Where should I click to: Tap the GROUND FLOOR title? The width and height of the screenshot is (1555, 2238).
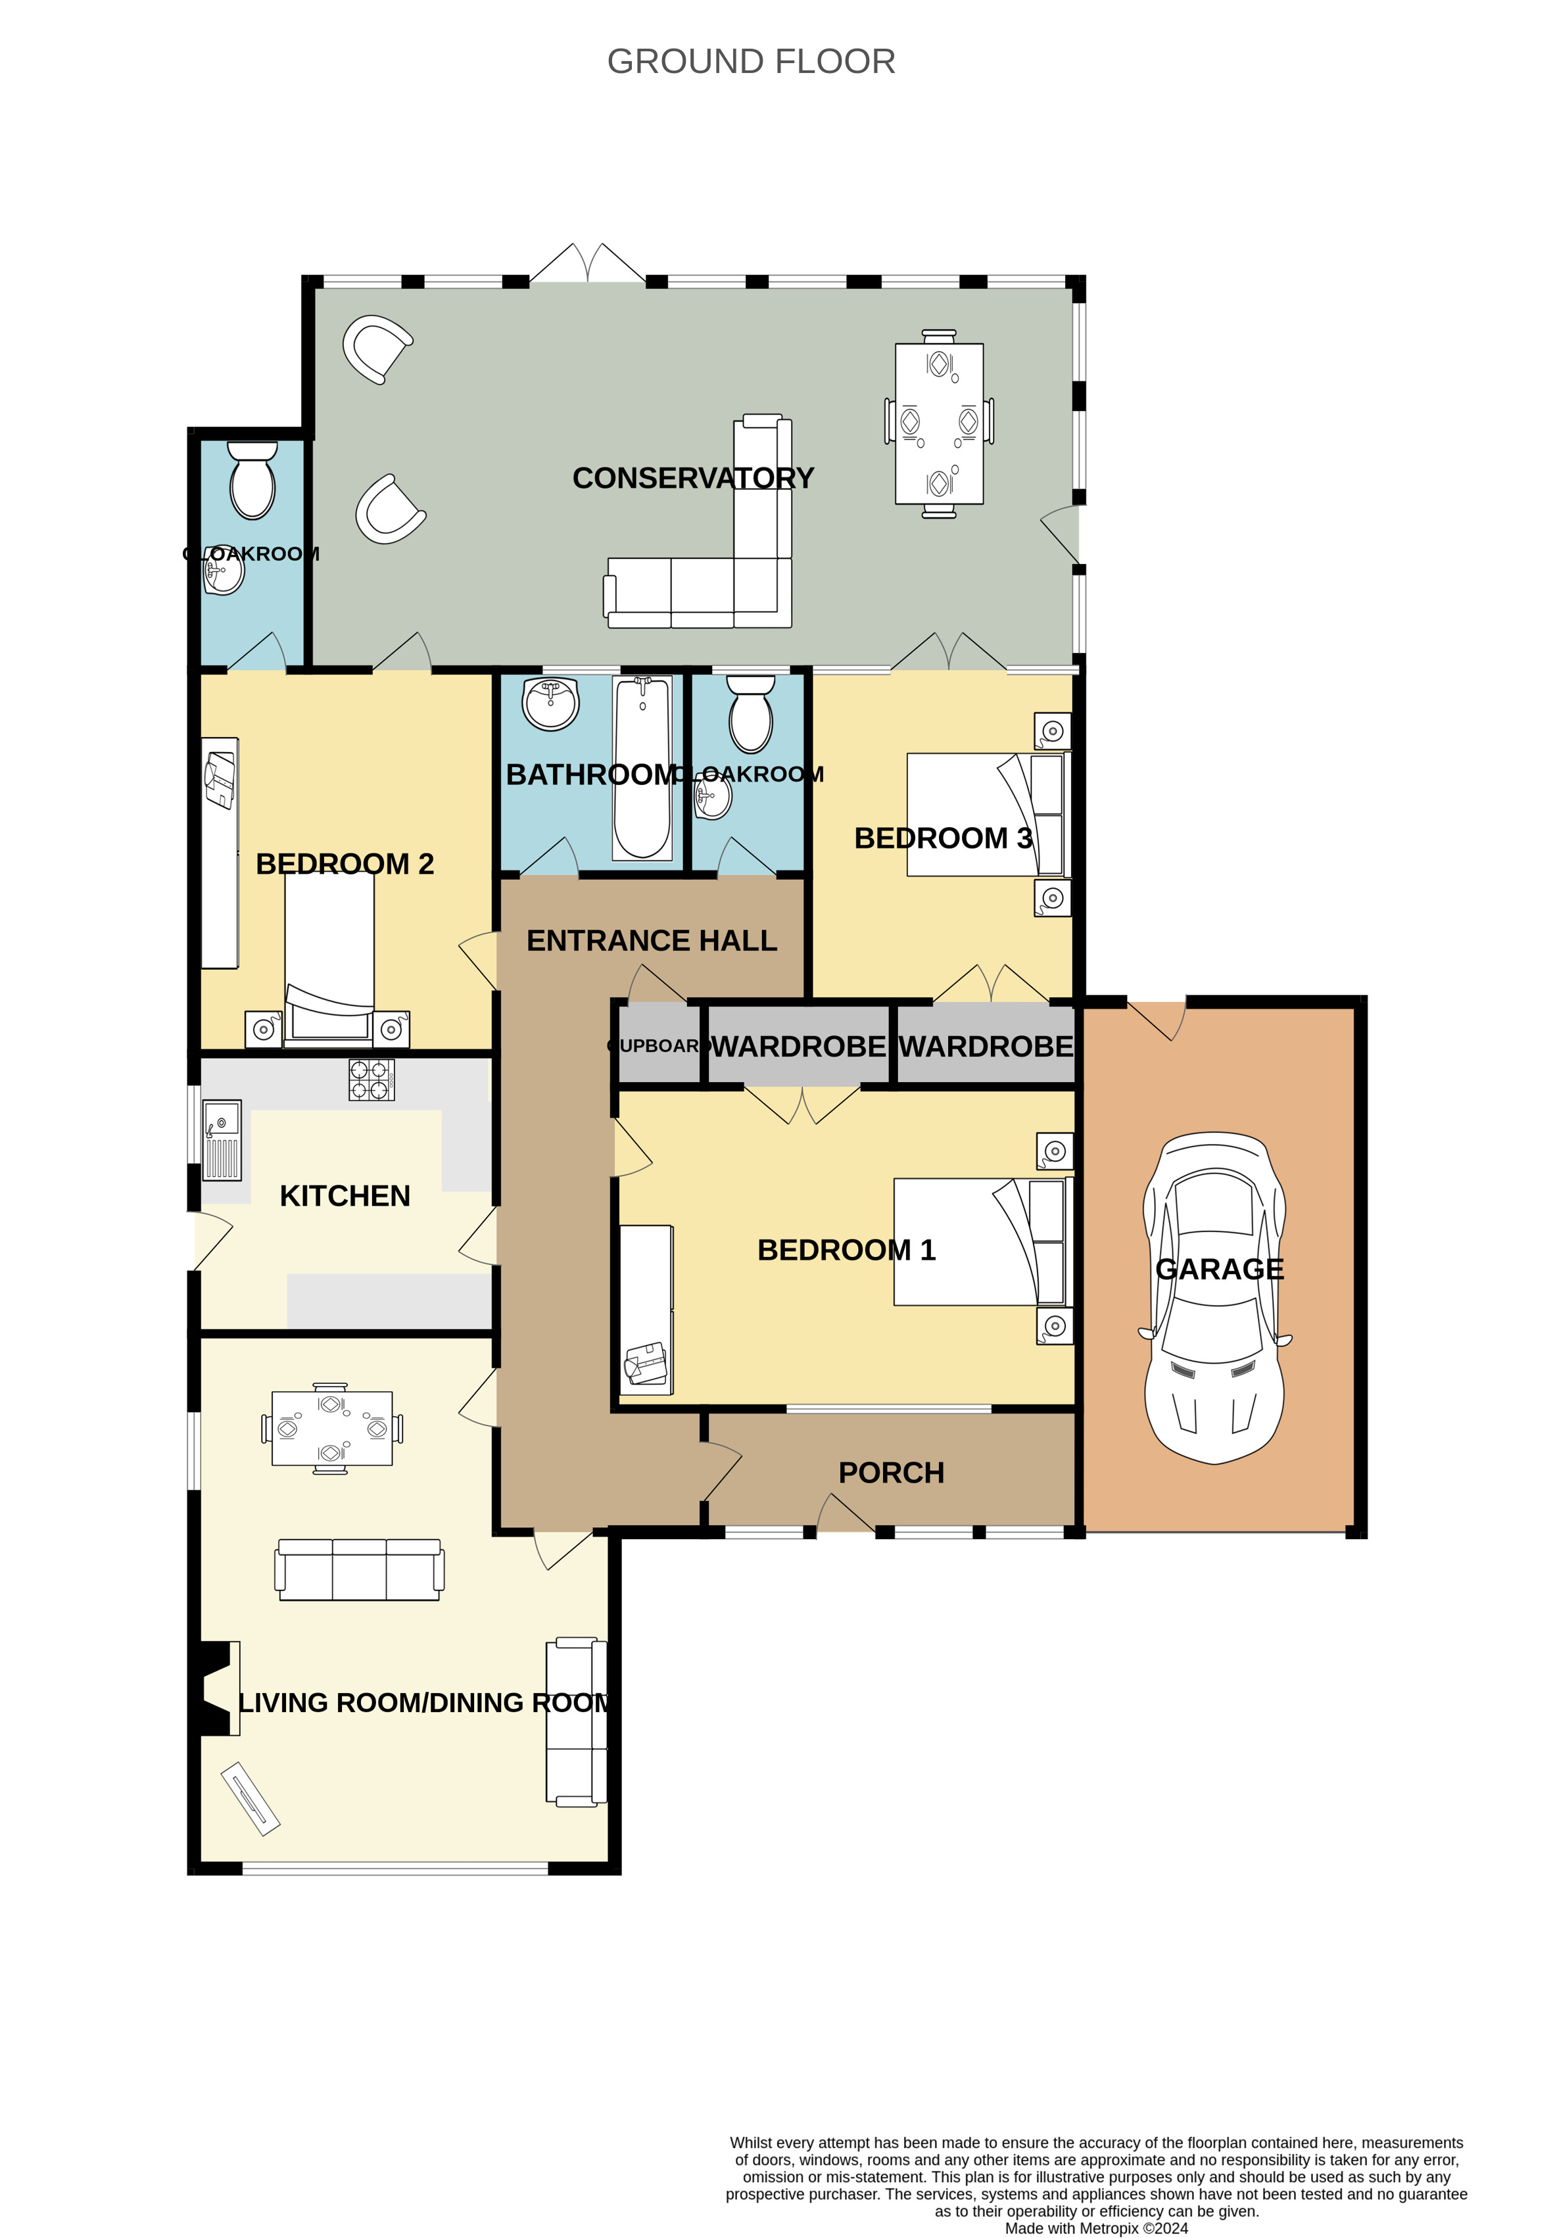[751, 61]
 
